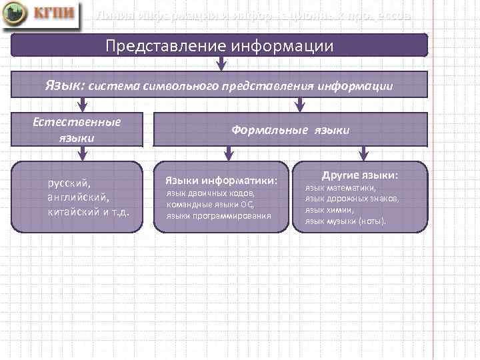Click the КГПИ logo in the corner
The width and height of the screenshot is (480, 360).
pos(46,16)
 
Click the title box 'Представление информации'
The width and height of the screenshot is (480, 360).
pos(219,46)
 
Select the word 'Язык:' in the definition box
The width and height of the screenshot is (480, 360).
pos(65,85)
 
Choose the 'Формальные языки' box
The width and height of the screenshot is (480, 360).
pos(290,130)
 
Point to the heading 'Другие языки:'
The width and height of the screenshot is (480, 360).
pos(359,175)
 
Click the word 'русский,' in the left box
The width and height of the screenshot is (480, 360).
pos(68,182)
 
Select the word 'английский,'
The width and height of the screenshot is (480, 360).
pos(78,197)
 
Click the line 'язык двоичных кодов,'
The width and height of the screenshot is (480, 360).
pos(210,194)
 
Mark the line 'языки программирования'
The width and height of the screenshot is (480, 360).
pos(218,215)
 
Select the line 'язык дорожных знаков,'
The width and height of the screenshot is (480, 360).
pos(352,199)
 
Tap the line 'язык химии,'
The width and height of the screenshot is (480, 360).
pos(329,209)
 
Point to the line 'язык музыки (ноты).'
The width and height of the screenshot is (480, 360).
pos(345,220)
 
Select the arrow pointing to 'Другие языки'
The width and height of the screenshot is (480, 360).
pos(363,154)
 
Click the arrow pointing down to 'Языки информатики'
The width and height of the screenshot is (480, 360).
pos(228,154)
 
